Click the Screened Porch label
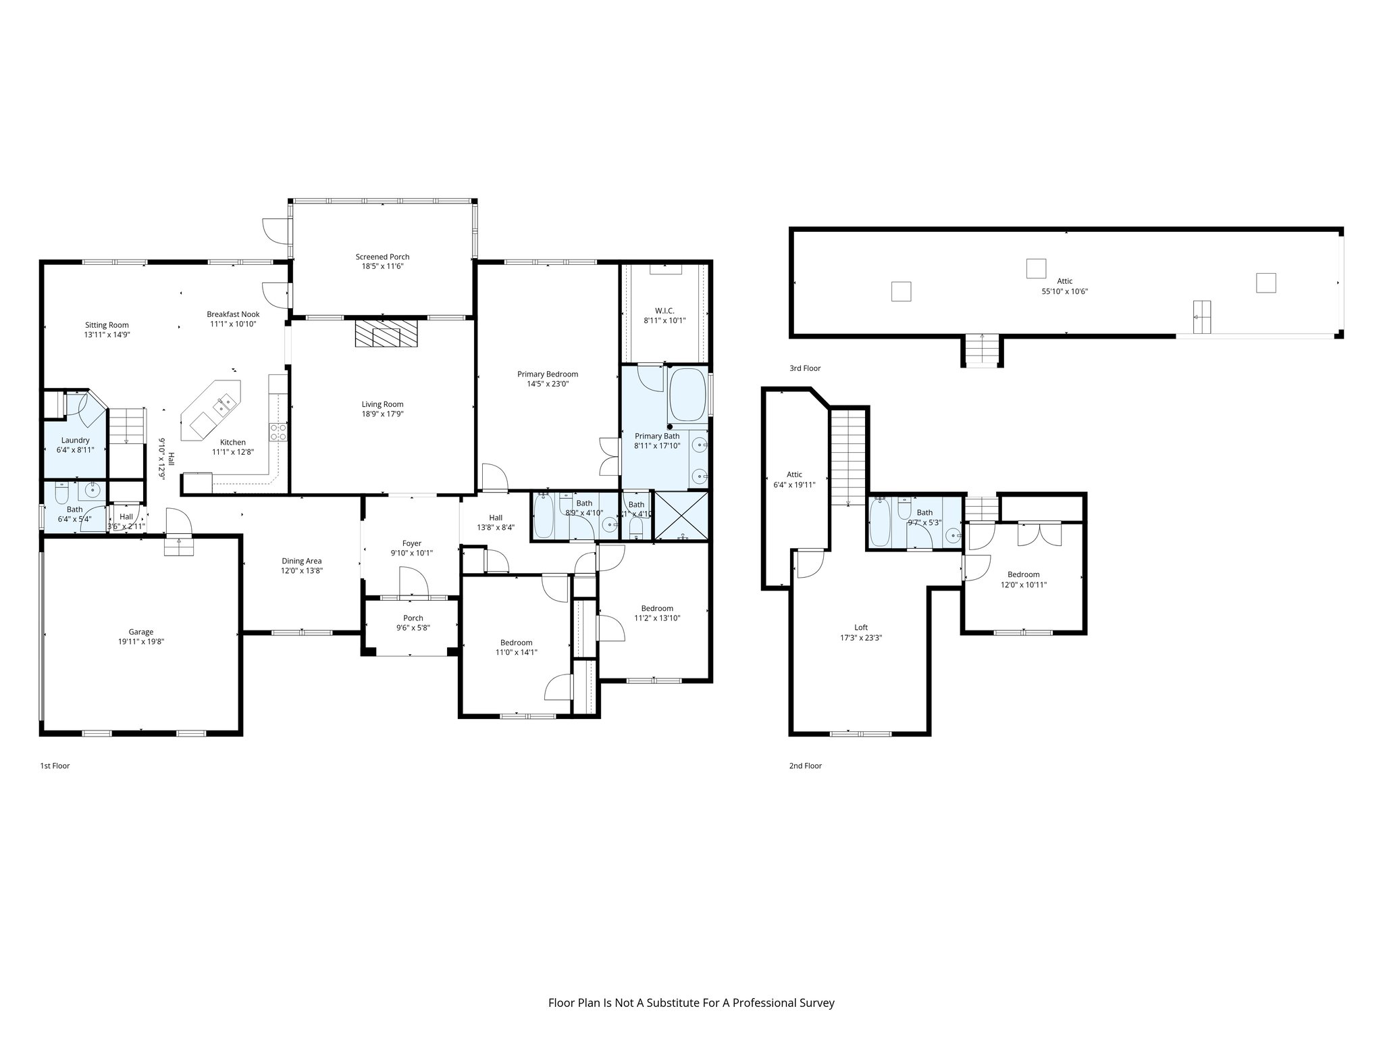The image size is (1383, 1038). point(382,257)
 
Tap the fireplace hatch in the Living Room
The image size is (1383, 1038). point(386,333)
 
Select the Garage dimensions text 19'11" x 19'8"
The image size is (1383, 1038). point(141,642)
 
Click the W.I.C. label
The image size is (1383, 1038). point(664,311)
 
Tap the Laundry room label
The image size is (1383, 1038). point(75,440)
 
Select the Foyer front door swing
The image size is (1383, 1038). point(414,583)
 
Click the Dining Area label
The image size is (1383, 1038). point(301,561)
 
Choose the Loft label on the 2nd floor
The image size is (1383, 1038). point(861,627)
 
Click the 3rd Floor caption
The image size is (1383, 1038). point(805,368)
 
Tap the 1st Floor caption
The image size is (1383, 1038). point(55,766)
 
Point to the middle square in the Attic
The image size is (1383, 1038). point(1036,269)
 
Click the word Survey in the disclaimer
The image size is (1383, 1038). point(818,1003)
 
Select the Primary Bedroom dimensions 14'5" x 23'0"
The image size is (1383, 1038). point(548,384)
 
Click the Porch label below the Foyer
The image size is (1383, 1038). point(413,618)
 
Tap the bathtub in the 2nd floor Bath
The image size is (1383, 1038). point(880,522)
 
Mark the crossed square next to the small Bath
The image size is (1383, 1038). point(682,516)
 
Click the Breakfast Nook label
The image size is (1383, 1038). point(233,314)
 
